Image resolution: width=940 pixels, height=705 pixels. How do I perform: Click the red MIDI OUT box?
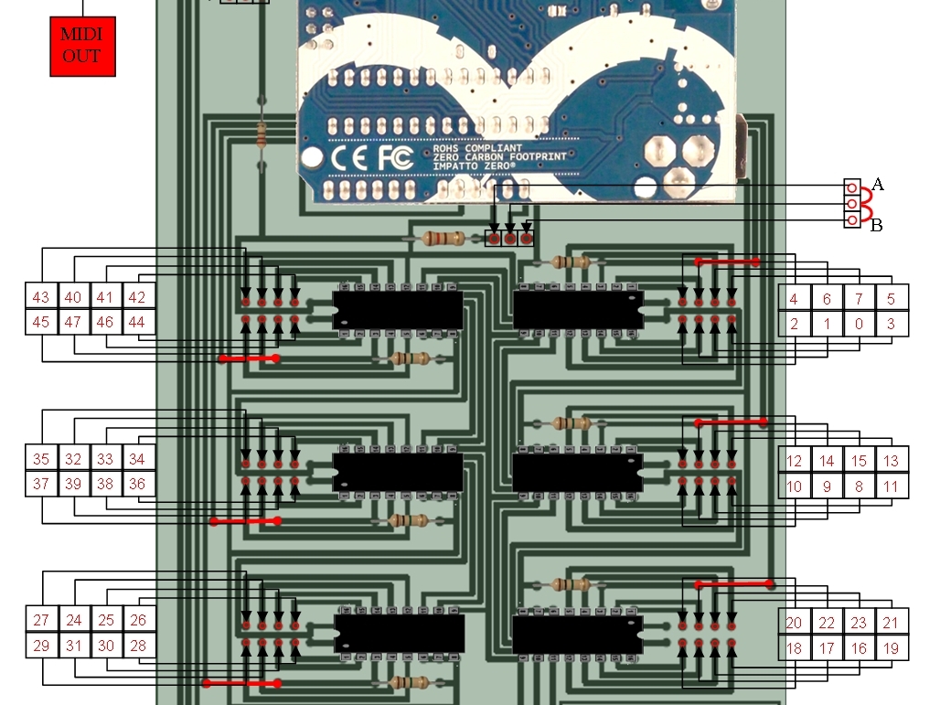[x=82, y=46]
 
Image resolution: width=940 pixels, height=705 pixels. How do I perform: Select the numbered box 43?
[x=41, y=297]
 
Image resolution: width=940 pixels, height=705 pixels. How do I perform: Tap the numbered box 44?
[x=136, y=322]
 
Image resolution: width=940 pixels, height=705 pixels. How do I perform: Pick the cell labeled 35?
[x=41, y=459]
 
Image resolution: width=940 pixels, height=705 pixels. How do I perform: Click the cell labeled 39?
[x=73, y=484]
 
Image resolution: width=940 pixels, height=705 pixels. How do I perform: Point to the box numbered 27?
[x=41, y=620]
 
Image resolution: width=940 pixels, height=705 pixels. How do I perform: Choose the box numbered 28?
[x=138, y=646]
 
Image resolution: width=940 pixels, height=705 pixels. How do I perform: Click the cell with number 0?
[x=859, y=324]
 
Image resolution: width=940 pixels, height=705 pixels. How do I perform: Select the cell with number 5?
[x=892, y=298]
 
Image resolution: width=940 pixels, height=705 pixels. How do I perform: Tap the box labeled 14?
[x=827, y=461]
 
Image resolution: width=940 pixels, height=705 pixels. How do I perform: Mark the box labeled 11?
[x=892, y=486]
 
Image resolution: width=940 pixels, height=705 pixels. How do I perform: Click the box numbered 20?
[x=795, y=623]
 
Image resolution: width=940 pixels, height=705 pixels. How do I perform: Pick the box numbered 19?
[x=892, y=648]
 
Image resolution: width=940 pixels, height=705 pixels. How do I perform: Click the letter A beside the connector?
[x=878, y=184]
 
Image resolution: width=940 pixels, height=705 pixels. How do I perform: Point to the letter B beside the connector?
[x=877, y=226]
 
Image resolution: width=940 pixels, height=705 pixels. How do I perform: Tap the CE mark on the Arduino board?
[x=349, y=158]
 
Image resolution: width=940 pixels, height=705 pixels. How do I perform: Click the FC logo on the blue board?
[x=396, y=157]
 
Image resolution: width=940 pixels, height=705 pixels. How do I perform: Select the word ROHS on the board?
[x=445, y=148]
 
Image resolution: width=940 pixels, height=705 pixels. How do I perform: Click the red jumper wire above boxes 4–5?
[x=727, y=262]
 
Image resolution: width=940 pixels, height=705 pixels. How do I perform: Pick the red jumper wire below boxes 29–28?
[x=242, y=683]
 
